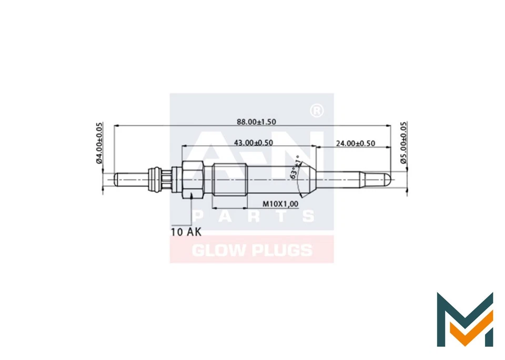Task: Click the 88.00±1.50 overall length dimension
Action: pyautogui.click(x=256, y=122)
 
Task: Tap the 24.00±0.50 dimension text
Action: pyautogui.click(x=356, y=143)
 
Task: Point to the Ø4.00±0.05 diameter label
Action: pyautogui.click(x=99, y=143)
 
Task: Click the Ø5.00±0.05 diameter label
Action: pyautogui.click(x=404, y=143)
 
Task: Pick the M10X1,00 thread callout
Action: pyautogui.click(x=280, y=204)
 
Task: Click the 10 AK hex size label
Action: pyautogui.click(x=186, y=232)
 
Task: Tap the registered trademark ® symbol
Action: pyautogui.click(x=316, y=111)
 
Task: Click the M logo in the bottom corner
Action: pyautogui.click(x=464, y=318)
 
